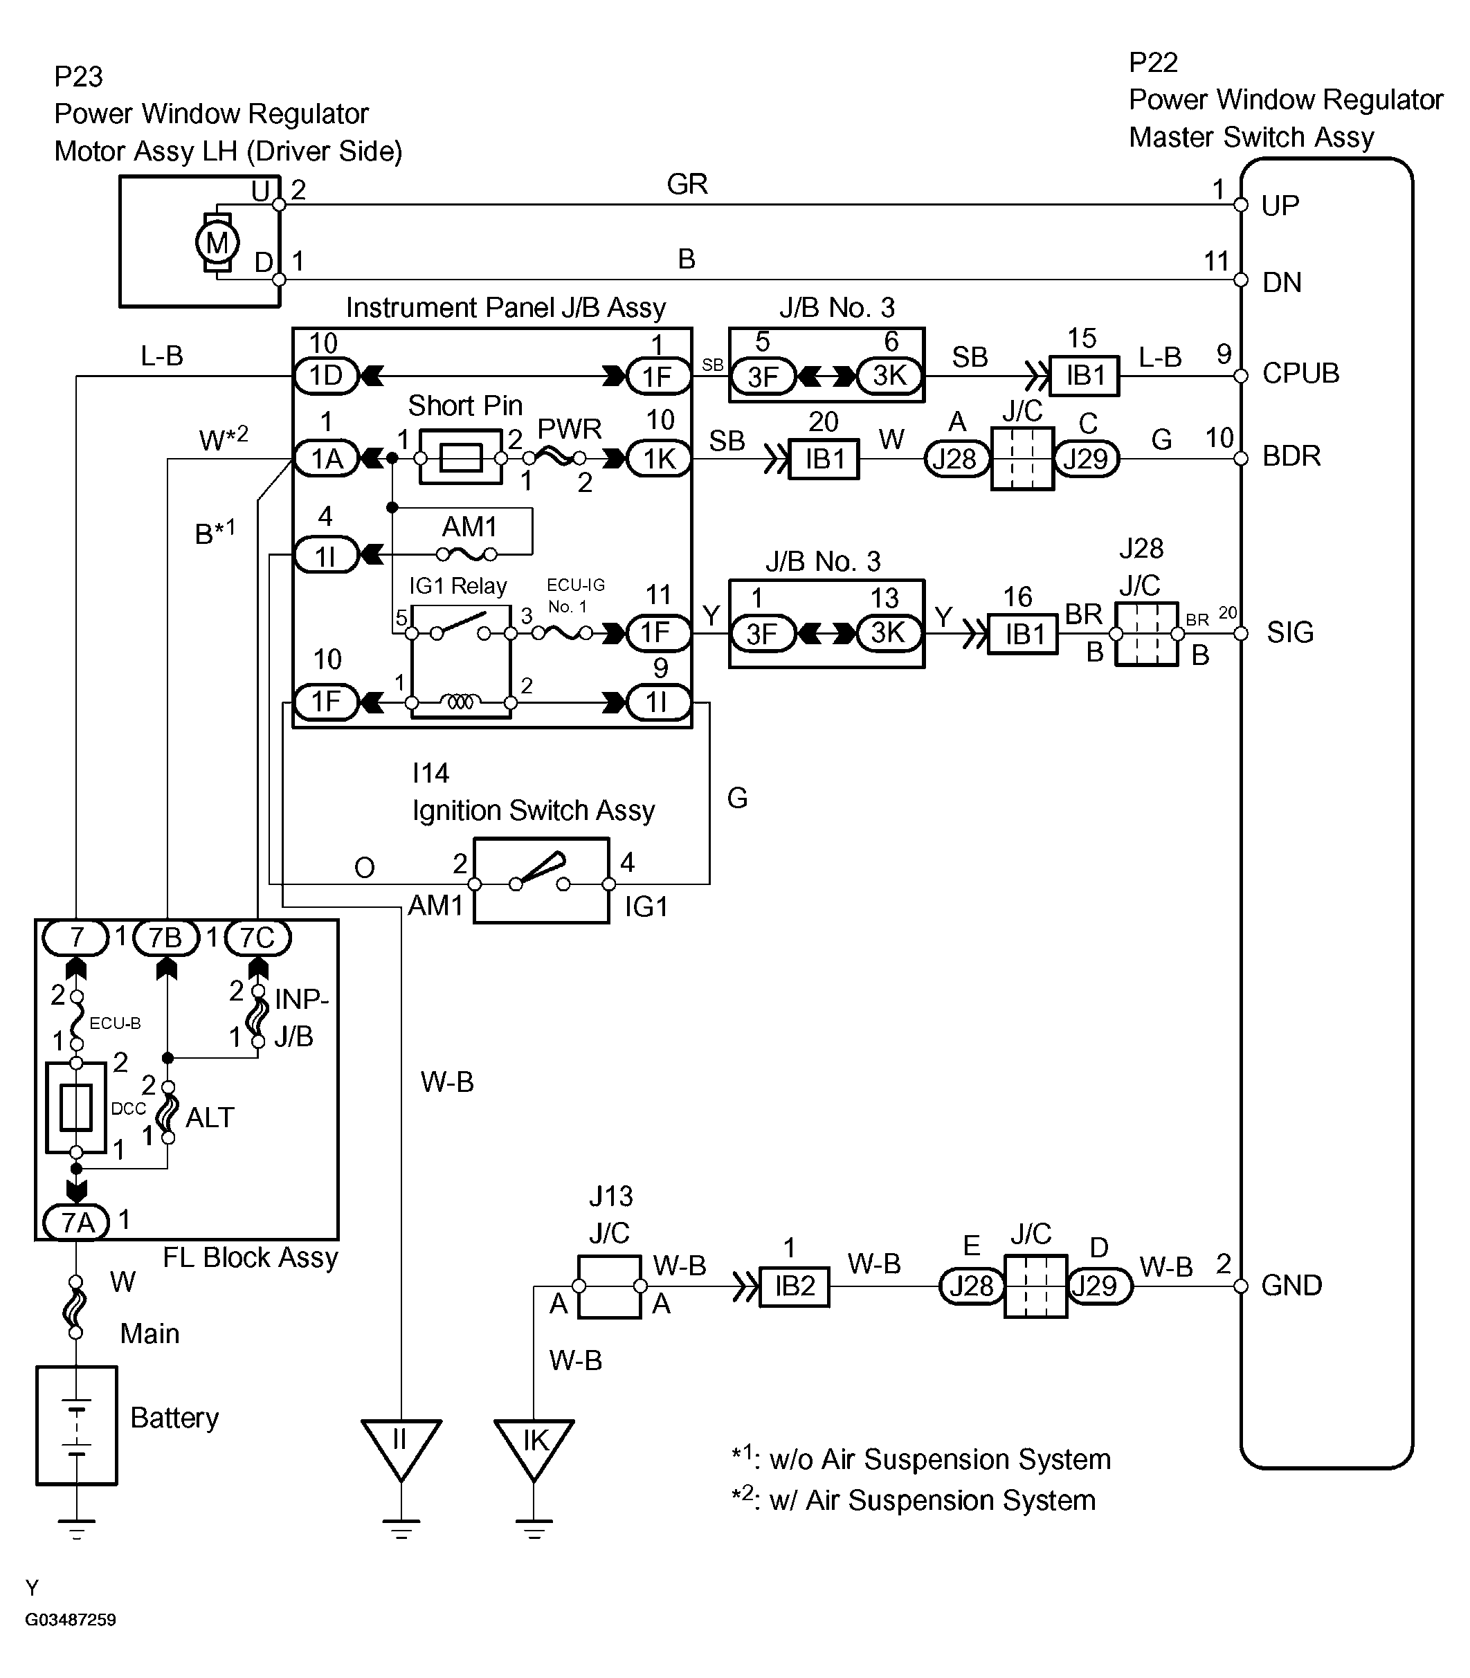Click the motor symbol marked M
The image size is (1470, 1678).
pyautogui.click(x=217, y=242)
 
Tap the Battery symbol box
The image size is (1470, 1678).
pyautogui.click(x=76, y=1425)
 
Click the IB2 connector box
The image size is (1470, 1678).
pyautogui.click(x=794, y=1286)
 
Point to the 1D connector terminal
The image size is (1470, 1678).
pyautogui.click(x=326, y=376)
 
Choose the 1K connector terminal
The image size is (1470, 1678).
pyautogui.click(x=659, y=459)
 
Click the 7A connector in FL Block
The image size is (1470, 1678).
pyautogui.click(x=76, y=1223)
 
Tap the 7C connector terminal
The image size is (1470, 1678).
pyautogui.click(x=257, y=938)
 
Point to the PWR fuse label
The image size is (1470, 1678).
pyautogui.click(x=570, y=429)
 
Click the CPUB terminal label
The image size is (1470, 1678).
pyautogui.click(x=1300, y=374)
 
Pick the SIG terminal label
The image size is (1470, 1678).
pyautogui.click(x=1289, y=632)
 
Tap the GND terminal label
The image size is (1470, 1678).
pyautogui.click(x=1291, y=1285)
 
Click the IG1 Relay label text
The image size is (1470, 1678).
pyautogui.click(x=457, y=585)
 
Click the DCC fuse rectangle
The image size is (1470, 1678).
pyautogui.click(x=76, y=1108)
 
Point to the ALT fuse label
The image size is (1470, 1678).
pyautogui.click(x=210, y=1118)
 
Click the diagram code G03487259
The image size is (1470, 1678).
pyautogui.click(x=71, y=1620)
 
